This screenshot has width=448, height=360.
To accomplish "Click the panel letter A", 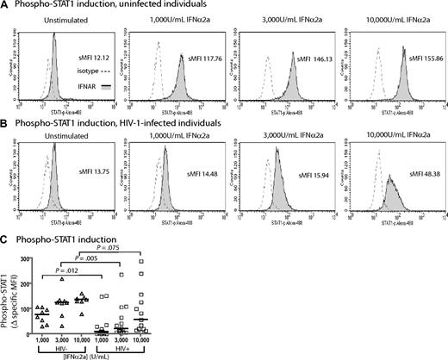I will (5, 6).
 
